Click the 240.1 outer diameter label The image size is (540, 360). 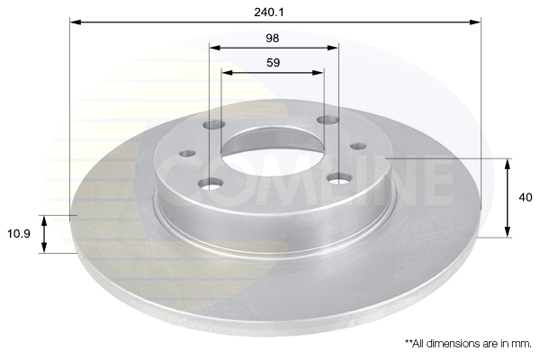tap(269, 13)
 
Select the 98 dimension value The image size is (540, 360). tap(273, 38)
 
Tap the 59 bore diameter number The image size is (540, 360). tap(273, 63)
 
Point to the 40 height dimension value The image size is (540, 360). tap(526, 197)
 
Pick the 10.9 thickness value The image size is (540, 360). tap(19, 234)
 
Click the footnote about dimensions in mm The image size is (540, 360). tap(468, 344)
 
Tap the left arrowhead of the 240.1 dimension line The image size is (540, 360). tap(76, 22)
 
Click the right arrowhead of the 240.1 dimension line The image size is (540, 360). tap(475, 22)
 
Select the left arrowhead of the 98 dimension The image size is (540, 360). tap(215, 48)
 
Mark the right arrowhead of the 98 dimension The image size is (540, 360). tap(333, 48)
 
